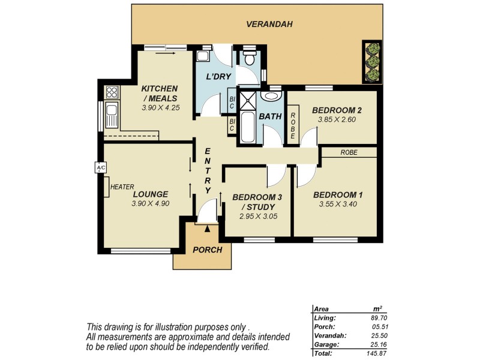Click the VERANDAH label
click(x=269, y=25)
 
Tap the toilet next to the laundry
click(x=249, y=59)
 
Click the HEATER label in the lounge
click(x=122, y=187)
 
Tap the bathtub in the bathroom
click(x=247, y=127)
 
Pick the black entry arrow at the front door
click(x=208, y=227)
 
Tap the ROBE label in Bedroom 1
click(x=349, y=152)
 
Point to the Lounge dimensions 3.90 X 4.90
click(x=151, y=204)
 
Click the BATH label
click(x=270, y=116)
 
